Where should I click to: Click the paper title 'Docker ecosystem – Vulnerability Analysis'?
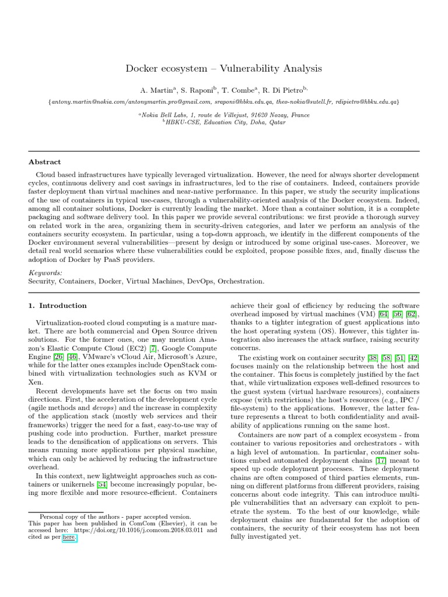223,69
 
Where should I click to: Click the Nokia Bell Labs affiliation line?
224,115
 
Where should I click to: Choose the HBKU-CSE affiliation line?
224,123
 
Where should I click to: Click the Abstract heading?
45,162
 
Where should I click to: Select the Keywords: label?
45,272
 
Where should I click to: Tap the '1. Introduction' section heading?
58,305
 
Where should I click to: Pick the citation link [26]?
61,357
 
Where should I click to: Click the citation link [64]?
384,314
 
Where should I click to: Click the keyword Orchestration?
240,281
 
